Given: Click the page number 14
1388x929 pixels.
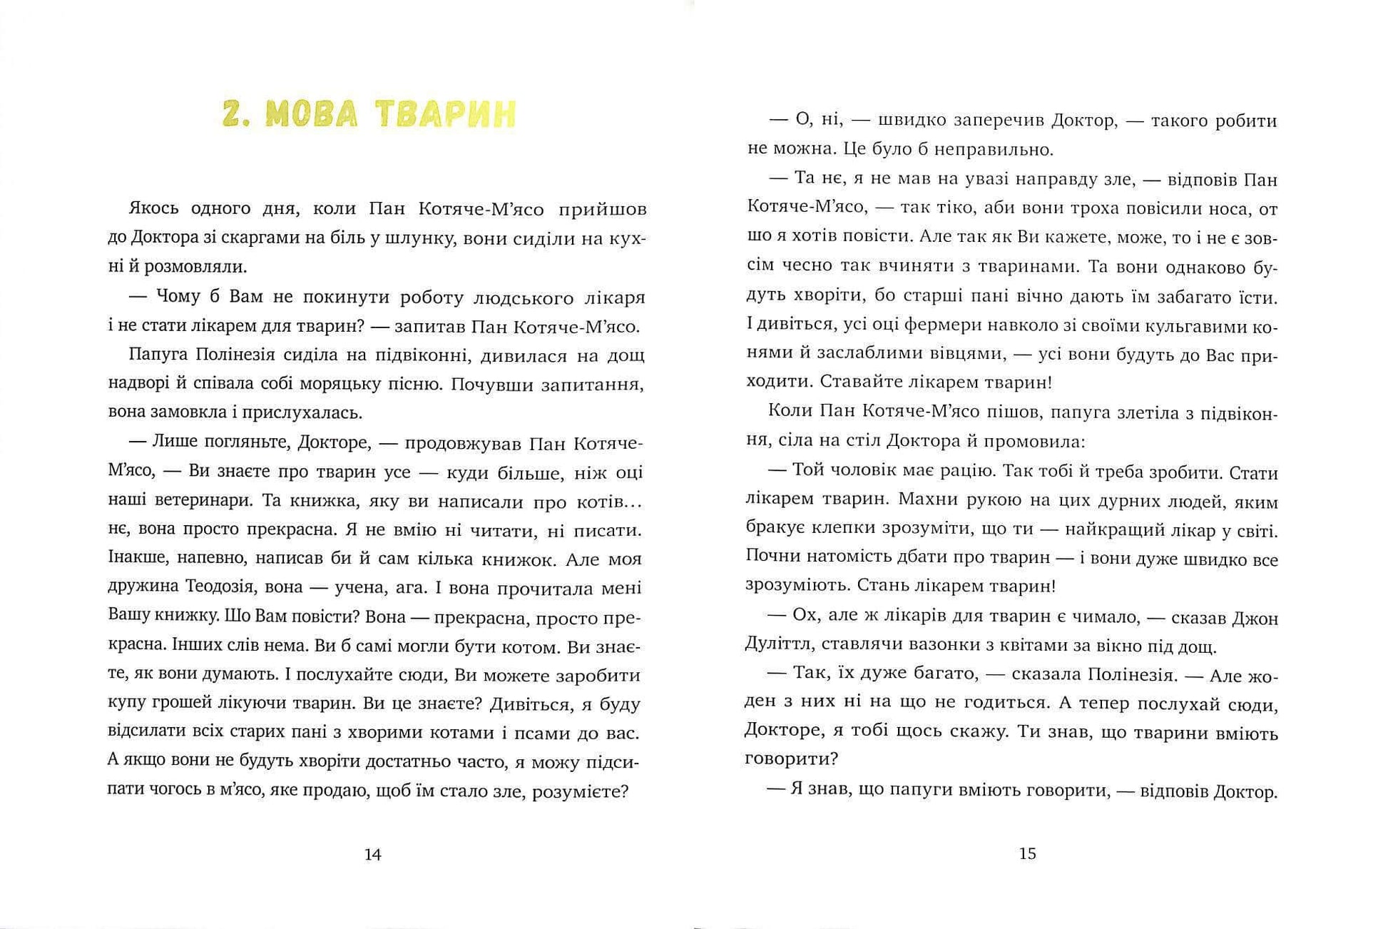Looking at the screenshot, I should pyautogui.click(x=372, y=854).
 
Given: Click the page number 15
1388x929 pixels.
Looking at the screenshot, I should pyautogui.click(x=1027, y=853).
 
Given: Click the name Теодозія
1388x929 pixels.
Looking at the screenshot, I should pyautogui.click(x=220, y=588).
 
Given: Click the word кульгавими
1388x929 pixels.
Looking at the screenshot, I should pyautogui.click(x=1192, y=325).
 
